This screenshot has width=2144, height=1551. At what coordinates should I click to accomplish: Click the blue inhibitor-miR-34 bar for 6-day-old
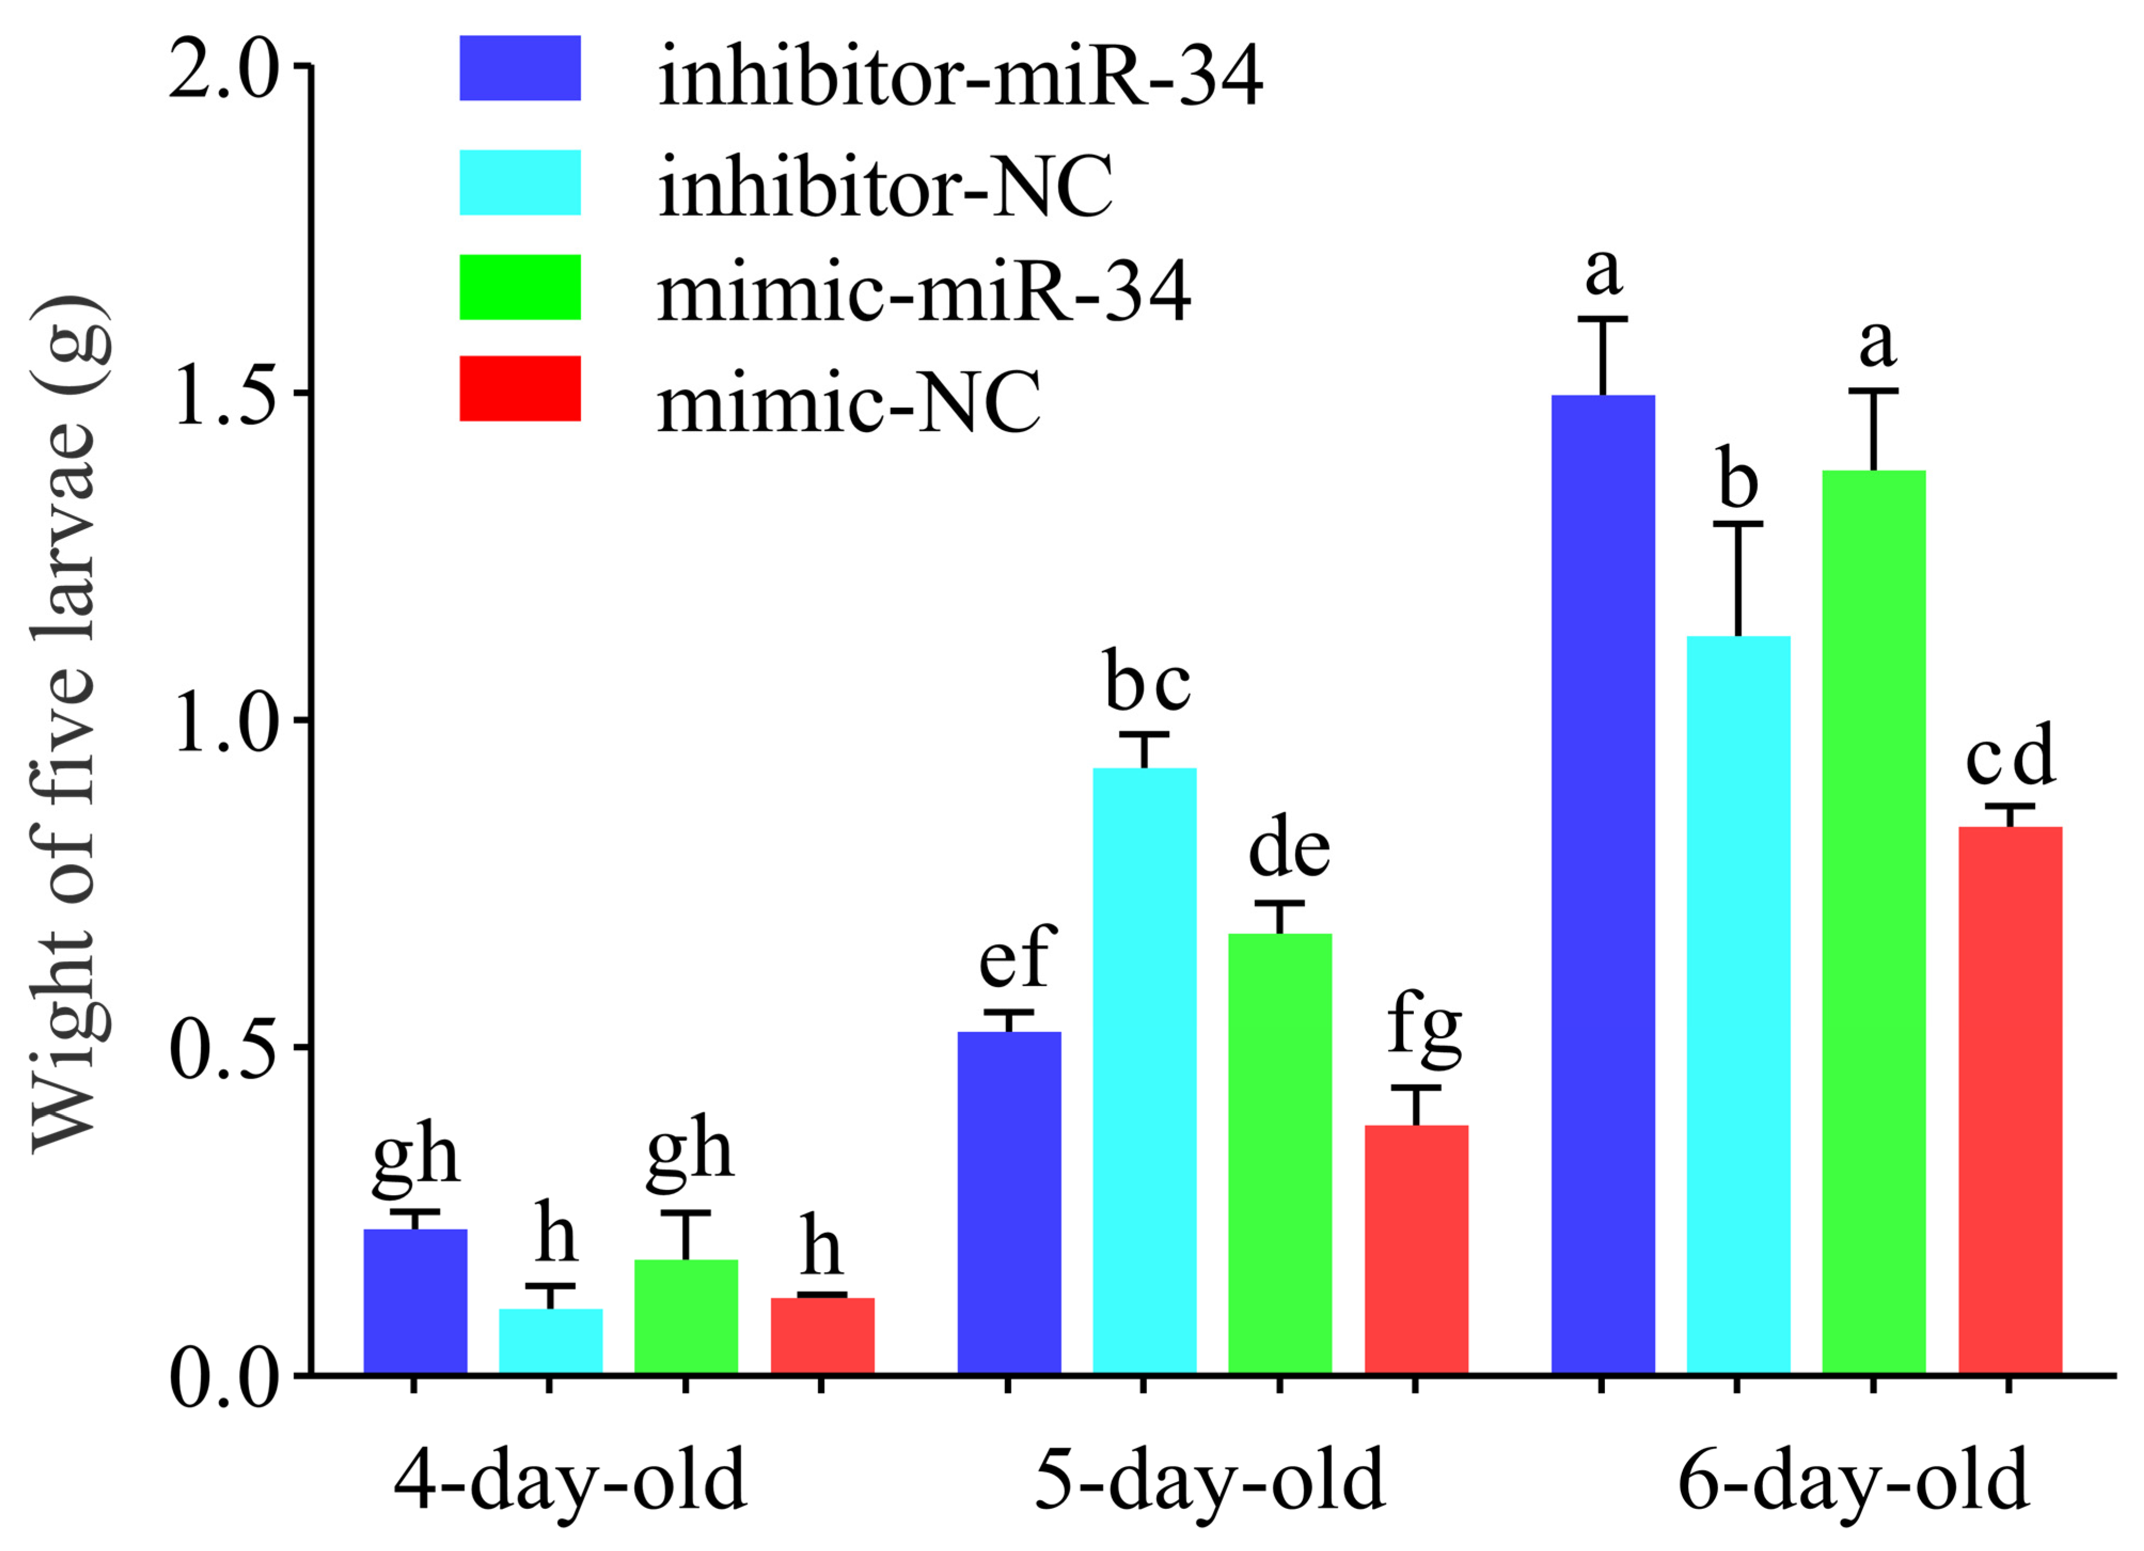coord(1603,884)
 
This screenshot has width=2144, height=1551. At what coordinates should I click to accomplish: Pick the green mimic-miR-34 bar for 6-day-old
coord(1873,922)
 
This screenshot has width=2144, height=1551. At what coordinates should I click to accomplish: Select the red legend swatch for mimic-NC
coord(520,389)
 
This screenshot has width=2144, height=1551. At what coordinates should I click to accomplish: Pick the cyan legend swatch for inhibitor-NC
coord(520,183)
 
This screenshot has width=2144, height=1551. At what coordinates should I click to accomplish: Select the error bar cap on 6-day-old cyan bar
coord(1737,523)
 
